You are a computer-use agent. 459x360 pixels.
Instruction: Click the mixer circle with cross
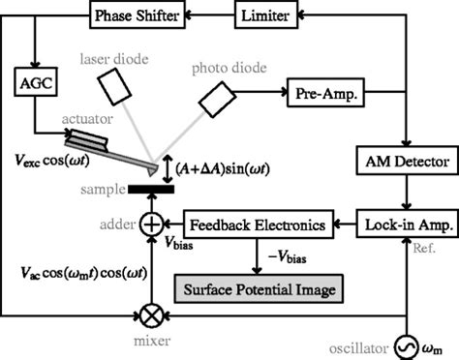(151, 315)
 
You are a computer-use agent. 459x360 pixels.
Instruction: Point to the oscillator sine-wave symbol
(400, 345)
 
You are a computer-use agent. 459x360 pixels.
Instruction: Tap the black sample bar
(150, 188)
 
